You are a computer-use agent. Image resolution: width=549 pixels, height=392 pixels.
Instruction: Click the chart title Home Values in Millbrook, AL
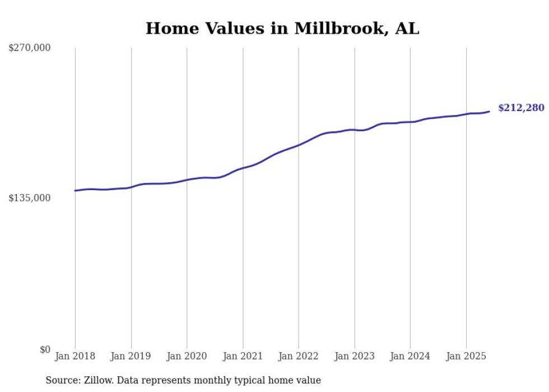(282, 29)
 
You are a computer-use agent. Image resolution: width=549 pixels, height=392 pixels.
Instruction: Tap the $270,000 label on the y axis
(30, 48)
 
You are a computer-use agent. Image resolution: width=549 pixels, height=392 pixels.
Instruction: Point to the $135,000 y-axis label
(30, 198)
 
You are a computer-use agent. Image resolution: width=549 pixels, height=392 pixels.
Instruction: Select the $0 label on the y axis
(45, 349)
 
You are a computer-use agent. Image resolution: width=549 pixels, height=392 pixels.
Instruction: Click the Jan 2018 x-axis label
(75, 356)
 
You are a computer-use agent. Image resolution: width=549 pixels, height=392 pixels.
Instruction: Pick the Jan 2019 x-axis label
(131, 356)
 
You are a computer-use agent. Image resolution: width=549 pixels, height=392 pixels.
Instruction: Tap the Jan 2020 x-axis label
(187, 356)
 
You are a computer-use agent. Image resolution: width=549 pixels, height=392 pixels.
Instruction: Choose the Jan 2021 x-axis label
(243, 356)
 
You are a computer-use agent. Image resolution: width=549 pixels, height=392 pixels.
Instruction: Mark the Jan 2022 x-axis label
(299, 356)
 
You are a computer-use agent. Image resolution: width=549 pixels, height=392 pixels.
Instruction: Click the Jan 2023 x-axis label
(354, 356)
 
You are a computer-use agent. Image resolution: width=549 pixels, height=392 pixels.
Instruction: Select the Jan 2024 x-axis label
(410, 356)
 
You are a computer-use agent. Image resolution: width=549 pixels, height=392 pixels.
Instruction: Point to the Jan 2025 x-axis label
(466, 356)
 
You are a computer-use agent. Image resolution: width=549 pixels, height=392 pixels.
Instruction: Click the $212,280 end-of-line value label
(520, 108)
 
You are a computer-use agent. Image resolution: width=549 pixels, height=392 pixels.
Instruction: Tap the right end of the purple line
(489, 112)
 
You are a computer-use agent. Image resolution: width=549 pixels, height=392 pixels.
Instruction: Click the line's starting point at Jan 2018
(75, 191)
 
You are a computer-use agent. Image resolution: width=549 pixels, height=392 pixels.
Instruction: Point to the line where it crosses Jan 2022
(299, 145)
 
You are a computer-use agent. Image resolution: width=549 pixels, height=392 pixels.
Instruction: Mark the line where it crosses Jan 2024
(410, 122)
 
